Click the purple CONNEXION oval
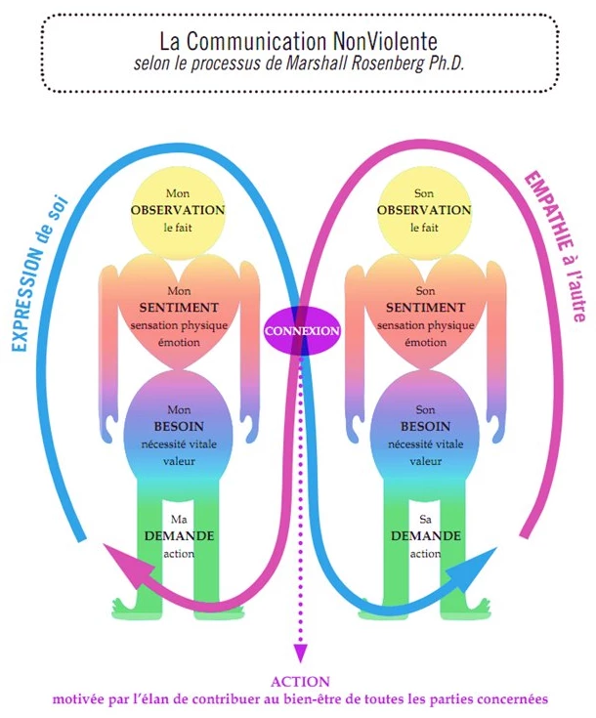coord(301,330)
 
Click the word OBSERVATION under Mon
coord(178,210)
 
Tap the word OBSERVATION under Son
coord(424,210)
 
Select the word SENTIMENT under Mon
coord(178,308)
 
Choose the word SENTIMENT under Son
coord(424,308)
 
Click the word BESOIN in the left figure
coord(178,427)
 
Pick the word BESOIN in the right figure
coord(424,427)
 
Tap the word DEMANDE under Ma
coord(179,536)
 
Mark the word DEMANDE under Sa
coord(425,536)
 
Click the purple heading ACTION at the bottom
coord(300,682)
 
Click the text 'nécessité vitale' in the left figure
coord(178,444)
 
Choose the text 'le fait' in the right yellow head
coord(424,228)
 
